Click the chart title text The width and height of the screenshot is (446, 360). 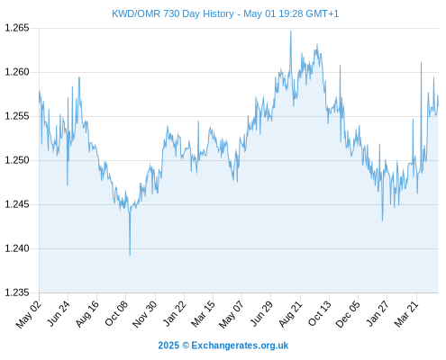pyautogui.click(x=225, y=13)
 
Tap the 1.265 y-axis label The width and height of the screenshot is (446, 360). pyautogui.click(x=17, y=28)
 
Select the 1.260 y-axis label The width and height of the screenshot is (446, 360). pyautogui.click(x=17, y=72)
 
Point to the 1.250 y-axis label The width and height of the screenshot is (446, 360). pyautogui.click(x=17, y=160)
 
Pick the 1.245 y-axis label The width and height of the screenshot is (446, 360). pyautogui.click(x=17, y=204)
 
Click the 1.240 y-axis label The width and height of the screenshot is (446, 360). pyautogui.click(x=17, y=248)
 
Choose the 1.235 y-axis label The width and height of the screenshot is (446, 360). pyautogui.click(x=17, y=292)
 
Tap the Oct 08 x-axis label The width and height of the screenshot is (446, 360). pyautogui.click(x=116, y=313)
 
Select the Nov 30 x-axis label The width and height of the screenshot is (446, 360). pyautogui.click(x=145, y=313)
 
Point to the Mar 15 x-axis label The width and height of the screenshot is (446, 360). pyautogui.click(x=203, y=313)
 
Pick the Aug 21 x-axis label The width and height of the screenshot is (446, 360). pyautogui.click(x=290, y=313)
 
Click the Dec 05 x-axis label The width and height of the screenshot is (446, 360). pyautogui.click(x=348, y=314)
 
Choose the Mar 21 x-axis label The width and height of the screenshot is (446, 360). pyautogui.click(x=406, y=313)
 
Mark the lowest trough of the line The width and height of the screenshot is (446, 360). pyautogui.click(x=130, y=256)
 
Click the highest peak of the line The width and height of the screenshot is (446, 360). pyautogui.click(x=291, y=31)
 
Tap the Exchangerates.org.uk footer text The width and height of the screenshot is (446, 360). pyautogui.click(x=240, y=346)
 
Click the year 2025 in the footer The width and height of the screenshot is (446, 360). pyautogui.click(x=168, y=346)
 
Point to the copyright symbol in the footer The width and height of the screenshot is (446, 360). pyautogui.click(x=186, y=346)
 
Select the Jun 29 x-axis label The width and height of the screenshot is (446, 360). pyautogui.click(x=261, y=313)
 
